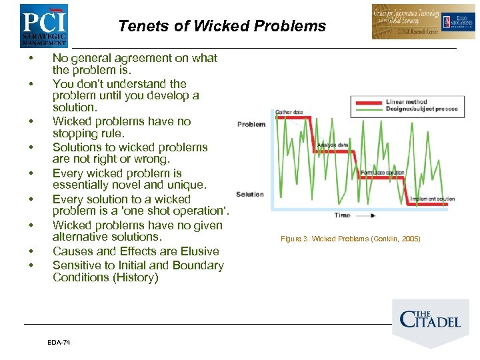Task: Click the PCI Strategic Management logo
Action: tap(43, 25)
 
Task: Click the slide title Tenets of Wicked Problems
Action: tap(222, 27)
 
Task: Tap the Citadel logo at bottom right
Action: tap(430, 319)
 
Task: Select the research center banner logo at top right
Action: tap(415, 21)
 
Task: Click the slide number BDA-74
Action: tap(59, 342)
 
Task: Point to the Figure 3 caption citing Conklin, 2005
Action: tap(350, 239)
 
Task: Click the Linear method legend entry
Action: tap(406, 102)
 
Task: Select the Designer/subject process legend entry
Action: tap(421, 109)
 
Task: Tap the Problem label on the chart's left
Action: tap(251, 124)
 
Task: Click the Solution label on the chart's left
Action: tap(250, 194)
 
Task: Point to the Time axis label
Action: tap(342, 215)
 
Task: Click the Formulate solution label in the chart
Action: tap(382, 173)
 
